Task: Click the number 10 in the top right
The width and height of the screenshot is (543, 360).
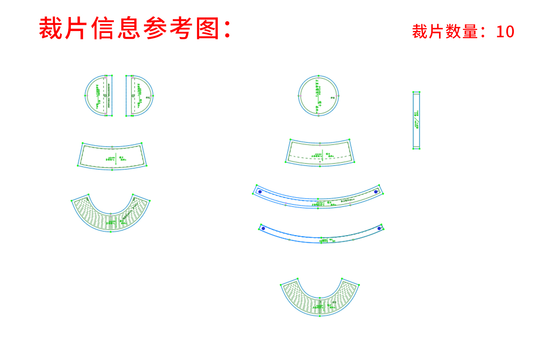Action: [x=505, y=32]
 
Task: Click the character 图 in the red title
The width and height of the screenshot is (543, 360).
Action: [x=208, y=28]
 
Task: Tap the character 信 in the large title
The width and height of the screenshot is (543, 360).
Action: [x=103, y=28]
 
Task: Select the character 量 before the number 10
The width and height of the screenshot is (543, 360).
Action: [x=470, y=32]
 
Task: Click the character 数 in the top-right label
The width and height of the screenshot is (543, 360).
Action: [x=453, y=32]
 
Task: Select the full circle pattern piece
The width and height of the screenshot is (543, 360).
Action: [x=318, y=96]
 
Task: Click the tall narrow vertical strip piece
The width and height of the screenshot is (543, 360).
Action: [x=416, y=120]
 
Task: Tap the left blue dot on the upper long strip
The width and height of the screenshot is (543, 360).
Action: [x=260, y=192]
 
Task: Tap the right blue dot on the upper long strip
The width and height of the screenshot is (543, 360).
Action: [x=376, y=192]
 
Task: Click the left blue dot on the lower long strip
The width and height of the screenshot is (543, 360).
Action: [x=263, y=228]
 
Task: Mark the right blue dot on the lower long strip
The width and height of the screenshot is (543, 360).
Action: [x=379, y=228]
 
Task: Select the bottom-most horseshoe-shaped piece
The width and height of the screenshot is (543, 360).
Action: [x=320, y=303]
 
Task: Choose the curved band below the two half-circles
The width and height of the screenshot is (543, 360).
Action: [x=112, y=157]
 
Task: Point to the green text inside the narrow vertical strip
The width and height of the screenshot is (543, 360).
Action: [x=417, y=119]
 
